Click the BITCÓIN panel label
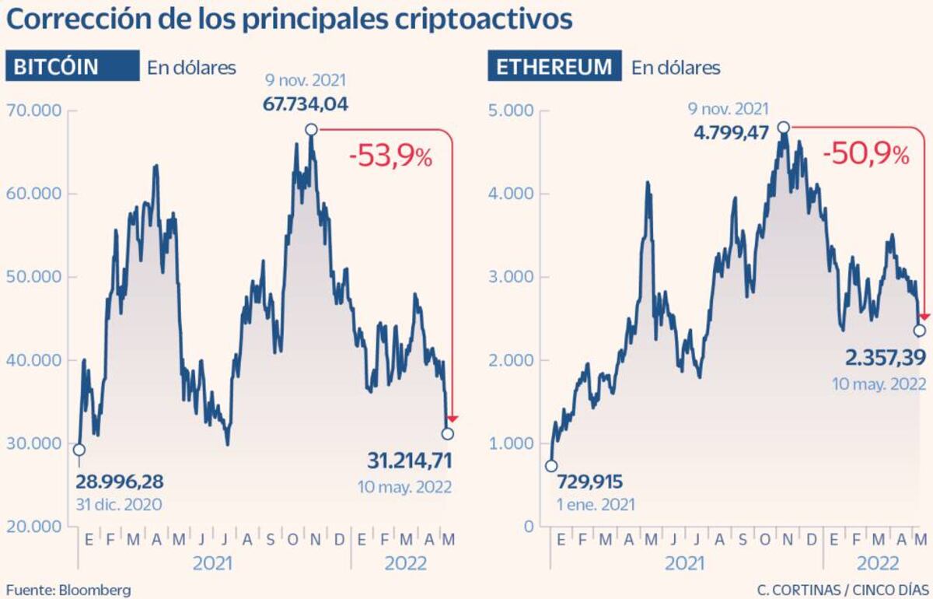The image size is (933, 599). pyautogui.click(x=72, y=67)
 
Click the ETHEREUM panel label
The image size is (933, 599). pyautogui.click(x=554, y=67)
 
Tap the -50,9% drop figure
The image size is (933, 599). pyautogui.click(x=866, y=154)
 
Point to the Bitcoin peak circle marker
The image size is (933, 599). pyautogui.click(x=311, y=129)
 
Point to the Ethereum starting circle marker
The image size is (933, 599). pyautogui.click(x=551, y=466)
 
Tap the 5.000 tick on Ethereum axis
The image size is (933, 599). pyautogui.click(x=512, y=110)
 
